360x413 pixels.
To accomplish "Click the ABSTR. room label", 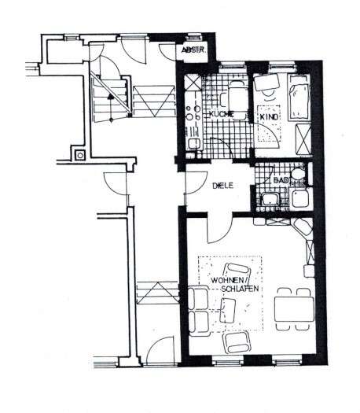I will coord(193,52).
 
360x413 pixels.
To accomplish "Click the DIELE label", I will coord(225,187).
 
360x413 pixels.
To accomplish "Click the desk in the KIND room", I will coord(265,83).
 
